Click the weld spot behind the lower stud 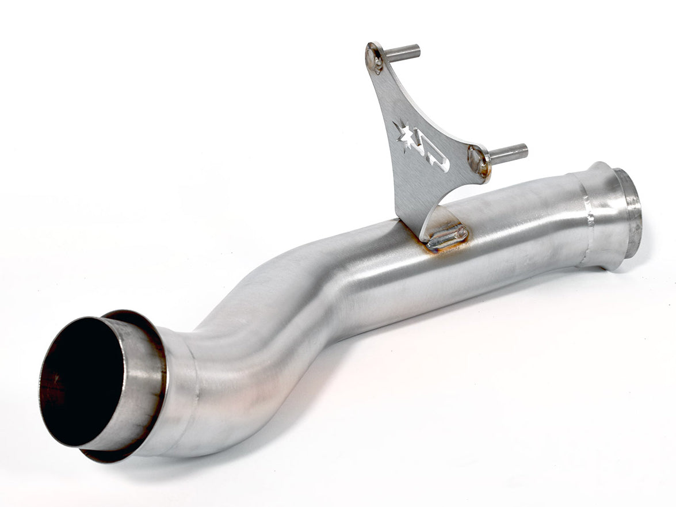point(478,161)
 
